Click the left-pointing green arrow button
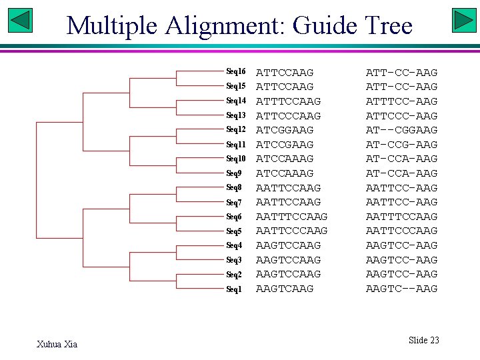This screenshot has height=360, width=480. [x=21, y=21]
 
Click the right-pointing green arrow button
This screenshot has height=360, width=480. [x=463, y=21]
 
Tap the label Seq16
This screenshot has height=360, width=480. [x=236, y=71]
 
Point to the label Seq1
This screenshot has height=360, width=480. [x=234, y=289]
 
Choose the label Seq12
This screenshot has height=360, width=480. [x=236, y=129]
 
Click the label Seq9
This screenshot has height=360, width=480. [x=234, y=173]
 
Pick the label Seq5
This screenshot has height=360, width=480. [x=234, y=231]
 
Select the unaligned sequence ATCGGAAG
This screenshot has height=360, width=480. [x=285, y=130]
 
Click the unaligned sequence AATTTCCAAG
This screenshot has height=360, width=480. [x=292, y=217]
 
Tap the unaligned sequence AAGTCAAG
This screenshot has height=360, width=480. [x=285, y=289]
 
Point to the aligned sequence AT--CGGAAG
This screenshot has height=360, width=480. [x=401, y=130]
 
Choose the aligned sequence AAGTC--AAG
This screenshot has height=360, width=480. [x=401, y=289]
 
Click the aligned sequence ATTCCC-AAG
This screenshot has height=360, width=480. [x=401, y=116]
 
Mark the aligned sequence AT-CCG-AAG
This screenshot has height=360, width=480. [x=401, y=145]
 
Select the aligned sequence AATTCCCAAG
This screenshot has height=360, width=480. [x=401, y=231]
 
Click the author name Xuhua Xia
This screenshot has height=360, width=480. [x=57, y=344]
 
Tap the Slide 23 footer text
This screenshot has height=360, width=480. [x=423, y=340]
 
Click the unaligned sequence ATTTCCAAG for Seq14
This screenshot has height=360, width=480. [x=289, y=101]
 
